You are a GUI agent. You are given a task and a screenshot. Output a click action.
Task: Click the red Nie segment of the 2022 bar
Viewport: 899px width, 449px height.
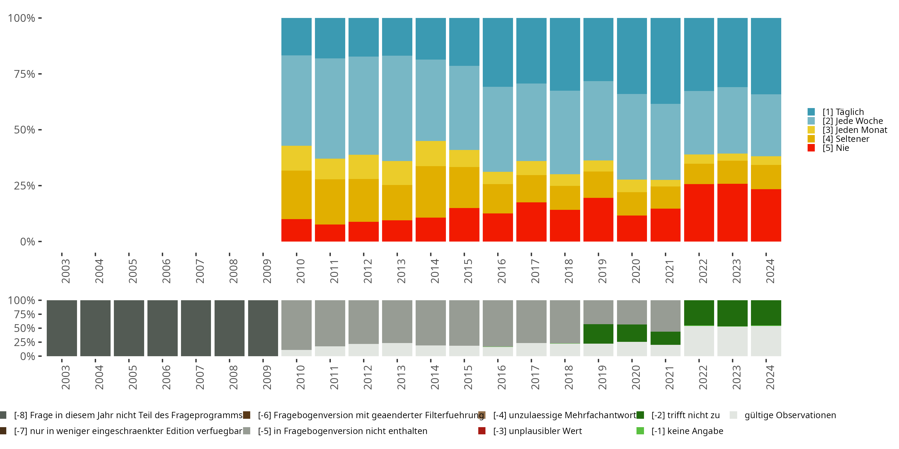[699, 213]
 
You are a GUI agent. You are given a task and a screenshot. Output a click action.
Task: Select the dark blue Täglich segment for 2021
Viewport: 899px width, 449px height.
[665, 61]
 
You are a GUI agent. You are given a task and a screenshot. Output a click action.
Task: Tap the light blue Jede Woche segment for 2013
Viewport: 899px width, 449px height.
[397, 108]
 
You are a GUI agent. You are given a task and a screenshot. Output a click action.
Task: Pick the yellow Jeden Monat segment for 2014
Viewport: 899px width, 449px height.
[430, 153]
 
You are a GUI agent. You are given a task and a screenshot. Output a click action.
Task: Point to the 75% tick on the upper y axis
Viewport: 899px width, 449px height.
[40, 74]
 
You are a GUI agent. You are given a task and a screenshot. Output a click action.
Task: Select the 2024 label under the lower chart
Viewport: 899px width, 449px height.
[770, 377]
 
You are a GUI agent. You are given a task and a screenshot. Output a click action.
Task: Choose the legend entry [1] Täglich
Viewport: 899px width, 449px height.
[843, 112]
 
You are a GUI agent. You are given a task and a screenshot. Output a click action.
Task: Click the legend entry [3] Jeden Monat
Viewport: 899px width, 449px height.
[854, 130]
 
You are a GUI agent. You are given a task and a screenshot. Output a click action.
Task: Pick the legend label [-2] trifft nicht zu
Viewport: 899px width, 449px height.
[685, 415]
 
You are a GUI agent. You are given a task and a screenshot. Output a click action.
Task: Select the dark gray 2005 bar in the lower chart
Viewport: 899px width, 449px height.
[129, 328]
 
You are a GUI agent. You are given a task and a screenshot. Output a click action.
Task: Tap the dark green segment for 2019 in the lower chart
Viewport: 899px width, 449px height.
[598, 334]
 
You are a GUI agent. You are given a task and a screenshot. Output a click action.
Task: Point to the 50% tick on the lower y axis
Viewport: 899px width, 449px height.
[40, 328]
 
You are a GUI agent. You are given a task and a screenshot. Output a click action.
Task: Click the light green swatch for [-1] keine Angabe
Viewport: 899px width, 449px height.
[640, 431]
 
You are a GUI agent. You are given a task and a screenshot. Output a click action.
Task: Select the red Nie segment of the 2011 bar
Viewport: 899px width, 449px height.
[330, 233]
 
